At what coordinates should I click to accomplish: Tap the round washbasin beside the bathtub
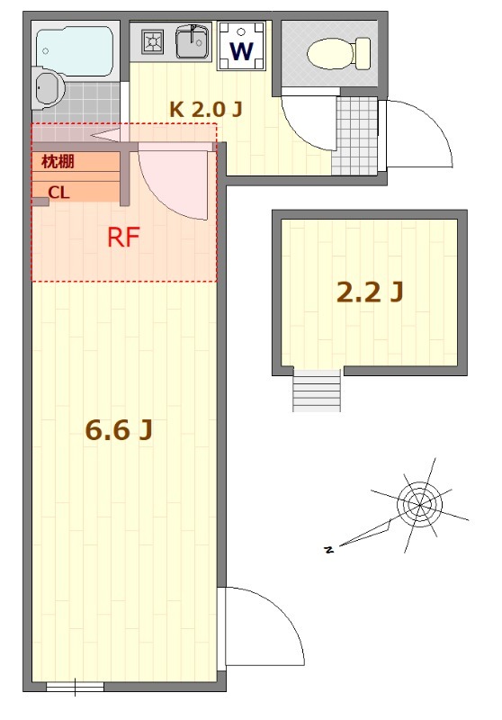pyautogui.click(x=46, y=87)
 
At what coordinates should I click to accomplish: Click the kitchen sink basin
pyautogui.click(x=192, y=42)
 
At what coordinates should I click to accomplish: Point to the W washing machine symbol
pyautogui.click(x=241, y=49)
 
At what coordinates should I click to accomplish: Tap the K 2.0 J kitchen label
pyautogui.click(x=206, y=109)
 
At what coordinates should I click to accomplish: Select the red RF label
pyautogui.click(x=123, y=238)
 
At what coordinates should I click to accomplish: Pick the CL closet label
pyautogui.click(x=58, y=192)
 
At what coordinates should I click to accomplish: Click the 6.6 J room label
pyautogui.click(x=118, y=431)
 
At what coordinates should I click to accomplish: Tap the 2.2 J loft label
pyautogui.click(x=369, y=292)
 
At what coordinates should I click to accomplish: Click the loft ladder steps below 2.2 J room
pyautogui.click(x=317, y=391)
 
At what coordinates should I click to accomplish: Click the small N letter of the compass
pyautogui.click(x=328, y=548)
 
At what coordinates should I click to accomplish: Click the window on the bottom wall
pyautogui.click(x=75, y=688)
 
